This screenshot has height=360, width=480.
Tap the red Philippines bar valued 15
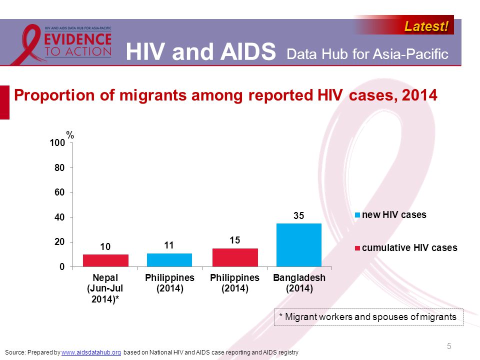point(235,257)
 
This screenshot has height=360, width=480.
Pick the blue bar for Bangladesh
point(298,245)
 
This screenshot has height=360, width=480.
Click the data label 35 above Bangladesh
point(298,215)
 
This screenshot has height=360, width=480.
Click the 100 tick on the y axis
point(57,143)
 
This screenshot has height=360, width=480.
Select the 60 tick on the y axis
point(59,192)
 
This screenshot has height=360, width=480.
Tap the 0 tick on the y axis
point(62,267)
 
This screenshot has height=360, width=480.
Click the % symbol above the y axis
point(70,135)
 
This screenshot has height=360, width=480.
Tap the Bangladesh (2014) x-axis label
point(299,283)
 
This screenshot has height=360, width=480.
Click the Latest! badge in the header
point(426,26)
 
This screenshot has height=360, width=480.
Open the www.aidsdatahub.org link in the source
point(91,353)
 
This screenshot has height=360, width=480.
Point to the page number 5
point(449,346)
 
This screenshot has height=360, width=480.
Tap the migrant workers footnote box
point(368,317)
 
